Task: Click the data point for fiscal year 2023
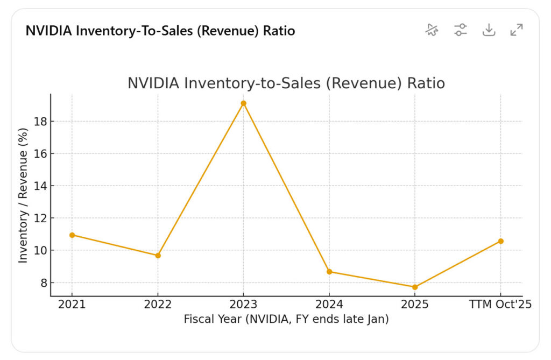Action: click(243, 103)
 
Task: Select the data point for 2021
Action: click(72, 235)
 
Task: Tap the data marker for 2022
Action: click(158, 256)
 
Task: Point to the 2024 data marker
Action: click(329, 272)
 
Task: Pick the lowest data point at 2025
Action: click(415, 287)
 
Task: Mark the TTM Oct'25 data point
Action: click(500, 241)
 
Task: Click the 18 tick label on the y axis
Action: click(39, 122)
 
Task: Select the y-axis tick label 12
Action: click(39, 218)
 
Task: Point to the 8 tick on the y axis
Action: click(43, 283)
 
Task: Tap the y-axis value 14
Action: click(39, 186)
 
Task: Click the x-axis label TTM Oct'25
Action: click(500, 305)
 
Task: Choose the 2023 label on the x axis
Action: click(243, 305)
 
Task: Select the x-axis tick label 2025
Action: click(415, 305)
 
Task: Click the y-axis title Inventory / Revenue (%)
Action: click(23, 195)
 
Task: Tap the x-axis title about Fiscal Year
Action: click(286, 319)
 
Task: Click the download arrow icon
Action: click(489, 30)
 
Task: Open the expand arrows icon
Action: click(517, 30)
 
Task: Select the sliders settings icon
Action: click(461, 30)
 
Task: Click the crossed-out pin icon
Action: click(432, 30)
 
